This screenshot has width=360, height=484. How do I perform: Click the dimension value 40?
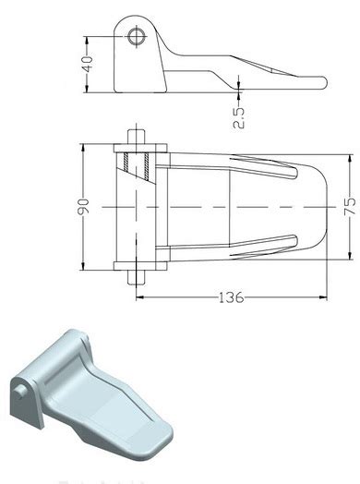(89, 64)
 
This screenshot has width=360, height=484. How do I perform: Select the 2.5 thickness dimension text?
(238, 117)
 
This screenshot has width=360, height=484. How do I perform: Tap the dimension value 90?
(83, 207)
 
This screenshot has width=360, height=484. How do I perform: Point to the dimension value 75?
(350, 206)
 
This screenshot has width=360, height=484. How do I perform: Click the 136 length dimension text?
(231, 297)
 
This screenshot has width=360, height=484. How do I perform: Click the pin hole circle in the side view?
(137, 37)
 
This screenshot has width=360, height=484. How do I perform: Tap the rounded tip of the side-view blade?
(323, 83)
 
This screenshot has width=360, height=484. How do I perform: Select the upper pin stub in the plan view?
(137, 137)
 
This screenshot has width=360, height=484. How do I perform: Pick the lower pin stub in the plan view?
(137, 277)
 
